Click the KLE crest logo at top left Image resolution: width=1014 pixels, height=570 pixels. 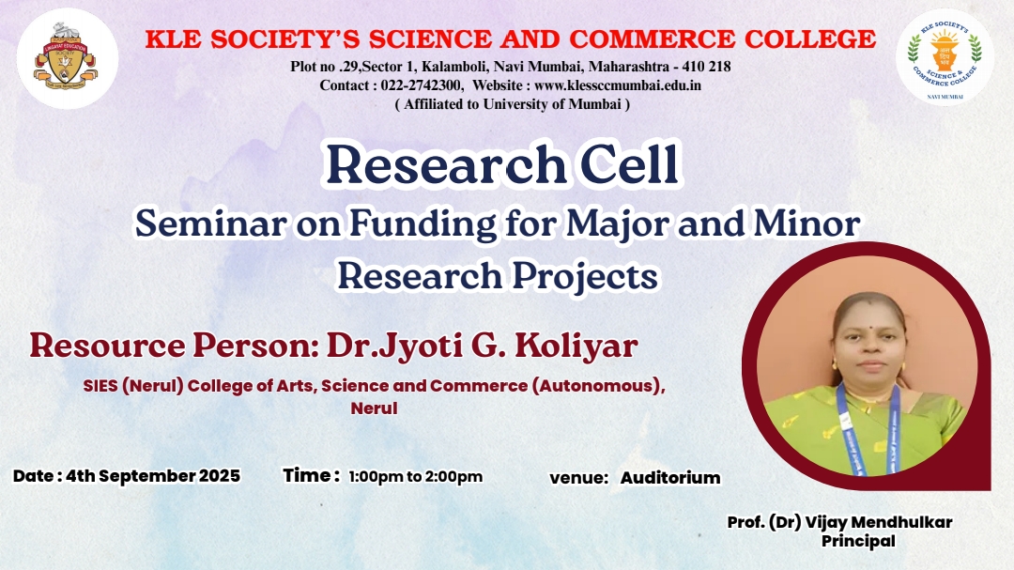tap(68, 59)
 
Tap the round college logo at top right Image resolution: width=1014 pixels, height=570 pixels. tap(945, 57)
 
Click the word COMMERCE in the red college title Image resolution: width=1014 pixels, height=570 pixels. tap(652, 39)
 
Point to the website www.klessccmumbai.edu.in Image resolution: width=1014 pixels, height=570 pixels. tap(618, 85)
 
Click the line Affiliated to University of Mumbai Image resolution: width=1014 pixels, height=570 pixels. tap(513, 104)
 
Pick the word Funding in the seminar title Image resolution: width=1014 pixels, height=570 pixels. tap(423, 225)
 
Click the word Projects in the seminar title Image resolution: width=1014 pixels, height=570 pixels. tap(585, 277)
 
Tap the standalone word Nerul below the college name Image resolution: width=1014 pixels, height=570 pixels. tap(374, 408)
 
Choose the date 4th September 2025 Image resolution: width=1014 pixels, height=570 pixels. tap(153, 476)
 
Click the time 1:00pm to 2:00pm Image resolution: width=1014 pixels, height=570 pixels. tap(416, 477)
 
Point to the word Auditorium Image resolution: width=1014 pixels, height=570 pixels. tap(670, 478)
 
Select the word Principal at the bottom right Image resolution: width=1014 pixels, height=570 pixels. tap(858, 541)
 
